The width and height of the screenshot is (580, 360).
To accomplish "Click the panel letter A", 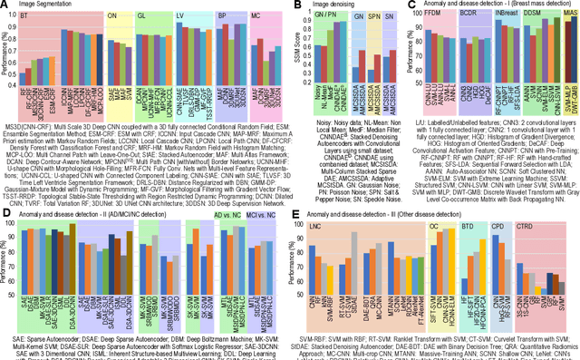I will click(x=5, y=6).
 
